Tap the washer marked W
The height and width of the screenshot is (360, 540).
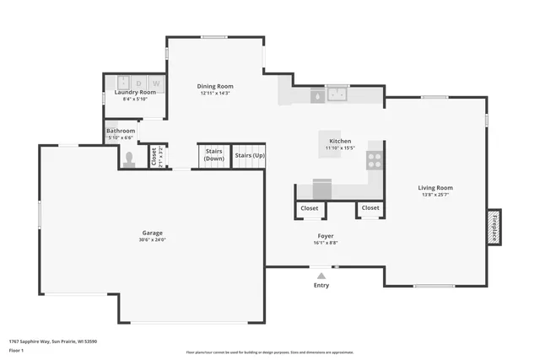(156, 83)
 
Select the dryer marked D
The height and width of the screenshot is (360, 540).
(139, 83)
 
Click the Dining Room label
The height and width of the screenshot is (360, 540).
(215, 86)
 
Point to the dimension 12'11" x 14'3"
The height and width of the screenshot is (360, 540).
(215, 94)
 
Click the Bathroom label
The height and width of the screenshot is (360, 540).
(121, 131)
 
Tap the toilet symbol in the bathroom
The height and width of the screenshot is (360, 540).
(128, 159)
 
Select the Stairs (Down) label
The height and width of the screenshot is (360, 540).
(214, 155)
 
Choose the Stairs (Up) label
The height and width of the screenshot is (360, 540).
(250, 155)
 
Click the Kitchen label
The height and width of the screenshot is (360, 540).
(340, 141)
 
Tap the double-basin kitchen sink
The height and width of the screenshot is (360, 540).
(338, 94)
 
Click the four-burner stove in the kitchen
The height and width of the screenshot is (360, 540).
(375, 159)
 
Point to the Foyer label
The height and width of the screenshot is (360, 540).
(327, 235)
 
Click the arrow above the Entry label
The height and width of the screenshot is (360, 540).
(321, 275)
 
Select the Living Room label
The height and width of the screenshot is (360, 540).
(435, 188)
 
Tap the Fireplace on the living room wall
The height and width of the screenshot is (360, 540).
(494, 227)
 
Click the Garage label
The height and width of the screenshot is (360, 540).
(152, 233)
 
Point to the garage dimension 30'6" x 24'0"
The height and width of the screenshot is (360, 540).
(152, 240)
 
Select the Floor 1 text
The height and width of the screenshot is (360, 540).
(16, 350)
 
